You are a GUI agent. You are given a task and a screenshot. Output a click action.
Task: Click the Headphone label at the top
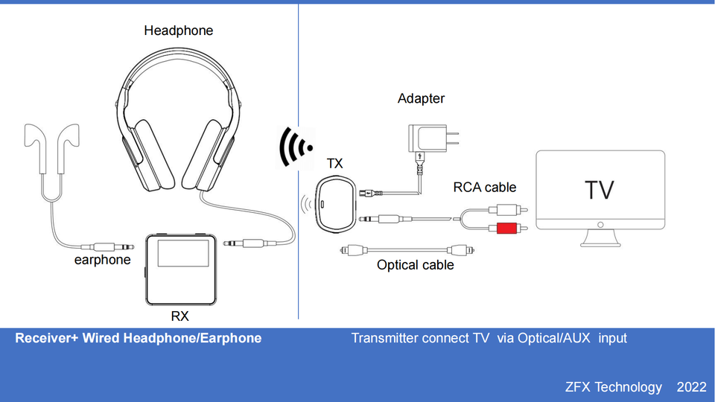pyautogui.click(x=179, y=31)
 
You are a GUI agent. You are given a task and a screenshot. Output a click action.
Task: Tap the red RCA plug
pyautogui.click(x=506, y=228)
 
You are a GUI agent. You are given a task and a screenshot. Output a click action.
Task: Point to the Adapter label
pyautogui.click(x=421, y=98)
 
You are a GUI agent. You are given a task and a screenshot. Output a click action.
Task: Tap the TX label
pyautogui.click(x=334, y=163)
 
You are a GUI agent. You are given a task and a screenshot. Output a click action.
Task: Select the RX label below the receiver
pyautogui.click(x=179, y=316)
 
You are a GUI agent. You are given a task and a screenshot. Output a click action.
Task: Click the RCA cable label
pyautogui.click(x=485, y=187)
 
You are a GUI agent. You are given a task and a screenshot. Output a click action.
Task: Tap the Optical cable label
pyautogui.click(x=415, y=265)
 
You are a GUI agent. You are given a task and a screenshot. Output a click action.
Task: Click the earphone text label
pyautogui.click(x=102, y=260)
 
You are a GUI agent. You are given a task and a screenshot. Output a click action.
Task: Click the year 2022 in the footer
pyautogui.click(x=691, y=387)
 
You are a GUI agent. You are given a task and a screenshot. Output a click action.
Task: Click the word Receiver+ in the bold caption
pyautogui.click(x=46, y=338)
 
